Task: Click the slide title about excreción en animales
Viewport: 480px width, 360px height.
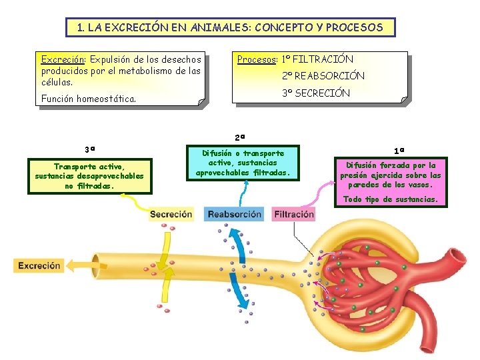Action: [230, 28]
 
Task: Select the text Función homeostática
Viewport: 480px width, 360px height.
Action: [88, 99]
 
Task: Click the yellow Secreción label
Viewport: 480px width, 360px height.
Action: [171, 215]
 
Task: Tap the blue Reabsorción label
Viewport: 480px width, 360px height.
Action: [234, 215]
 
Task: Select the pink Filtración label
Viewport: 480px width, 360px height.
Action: [293, 215]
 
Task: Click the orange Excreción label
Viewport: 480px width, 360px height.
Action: [39, 265]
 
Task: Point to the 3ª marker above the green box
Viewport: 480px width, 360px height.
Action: [89, 149]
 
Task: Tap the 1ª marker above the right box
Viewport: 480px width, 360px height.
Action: [399, 151]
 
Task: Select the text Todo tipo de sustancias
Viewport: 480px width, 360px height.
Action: [391, 199]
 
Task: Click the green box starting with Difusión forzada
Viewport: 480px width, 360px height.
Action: [391, 175]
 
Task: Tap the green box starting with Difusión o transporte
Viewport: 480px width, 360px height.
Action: [243, 163]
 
